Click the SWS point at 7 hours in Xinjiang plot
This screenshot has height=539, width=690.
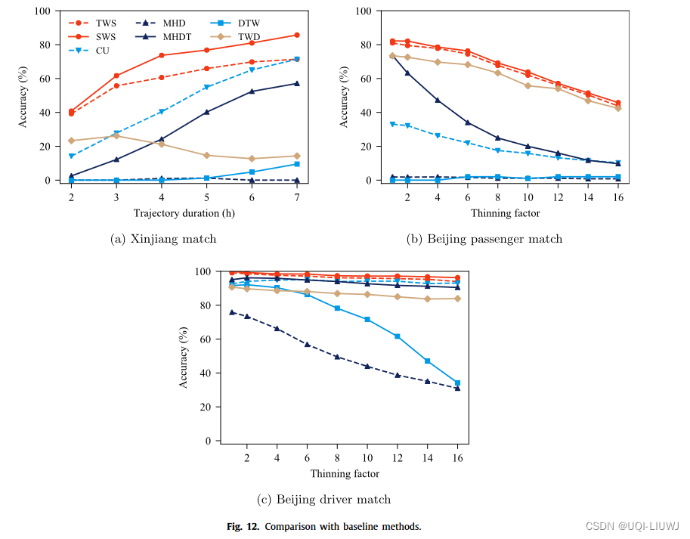pos(297,35)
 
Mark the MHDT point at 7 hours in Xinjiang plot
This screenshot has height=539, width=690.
pos(297,83)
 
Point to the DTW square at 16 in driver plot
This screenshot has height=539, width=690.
pos(457,383)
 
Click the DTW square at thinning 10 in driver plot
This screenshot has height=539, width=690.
pos(367,320)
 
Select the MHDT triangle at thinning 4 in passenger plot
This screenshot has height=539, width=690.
pos(438,100)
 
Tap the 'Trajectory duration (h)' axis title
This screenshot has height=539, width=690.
pos(184,213)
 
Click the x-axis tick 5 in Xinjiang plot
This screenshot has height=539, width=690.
pos(206,197)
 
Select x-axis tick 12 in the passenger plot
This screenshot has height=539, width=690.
pos(558,197)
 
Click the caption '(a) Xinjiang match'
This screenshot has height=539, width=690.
pos(163,239)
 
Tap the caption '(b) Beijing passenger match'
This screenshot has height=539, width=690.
pos(484,239)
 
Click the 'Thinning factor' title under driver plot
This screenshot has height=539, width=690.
pos(345,474)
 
